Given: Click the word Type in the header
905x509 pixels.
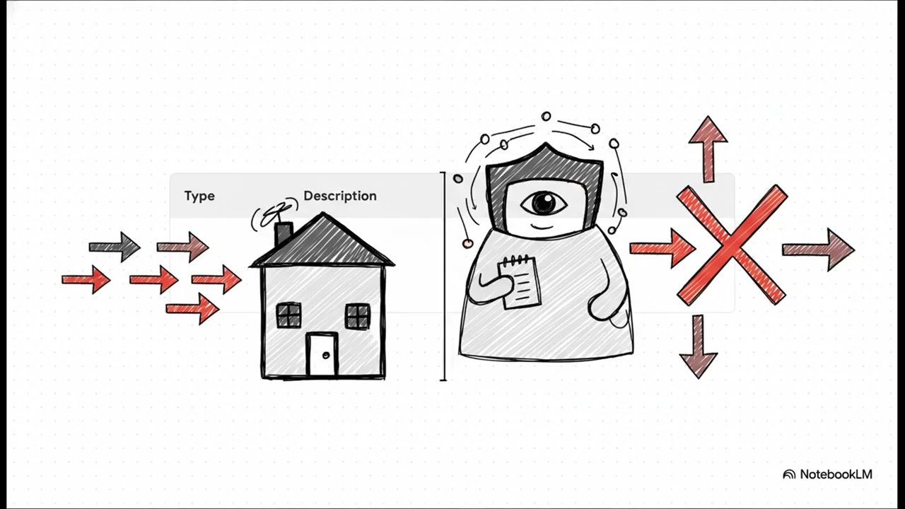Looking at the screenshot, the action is [x=199, y=196].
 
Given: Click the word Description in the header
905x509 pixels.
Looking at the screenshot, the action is [x=340, y=196].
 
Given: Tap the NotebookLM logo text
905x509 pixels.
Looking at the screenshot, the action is [x=836, y=474].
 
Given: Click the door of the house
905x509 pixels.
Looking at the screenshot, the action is [x=322, y=354].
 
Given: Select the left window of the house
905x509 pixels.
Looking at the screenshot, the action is [x=289, y=315].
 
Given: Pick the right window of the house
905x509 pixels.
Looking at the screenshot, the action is [x=358, y=316].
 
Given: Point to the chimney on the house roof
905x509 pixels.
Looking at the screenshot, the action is [x=284, y=233].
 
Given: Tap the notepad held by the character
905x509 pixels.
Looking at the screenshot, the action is [x=520, y=282].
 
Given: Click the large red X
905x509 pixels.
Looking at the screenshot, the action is [x=732, y=245].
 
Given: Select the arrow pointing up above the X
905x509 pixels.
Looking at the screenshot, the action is [x=708, y=149].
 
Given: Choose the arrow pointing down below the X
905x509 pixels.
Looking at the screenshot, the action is [x=698, y=346].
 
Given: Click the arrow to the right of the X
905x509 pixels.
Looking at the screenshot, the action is [x=819, y=250].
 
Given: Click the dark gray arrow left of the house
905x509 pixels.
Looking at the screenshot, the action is [x=115, y=247].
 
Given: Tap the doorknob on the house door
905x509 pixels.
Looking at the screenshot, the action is [x=327, y=356].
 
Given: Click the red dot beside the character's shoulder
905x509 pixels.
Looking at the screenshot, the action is [x=468, y=244].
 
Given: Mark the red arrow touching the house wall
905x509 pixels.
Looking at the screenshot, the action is [x=216, y=279].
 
